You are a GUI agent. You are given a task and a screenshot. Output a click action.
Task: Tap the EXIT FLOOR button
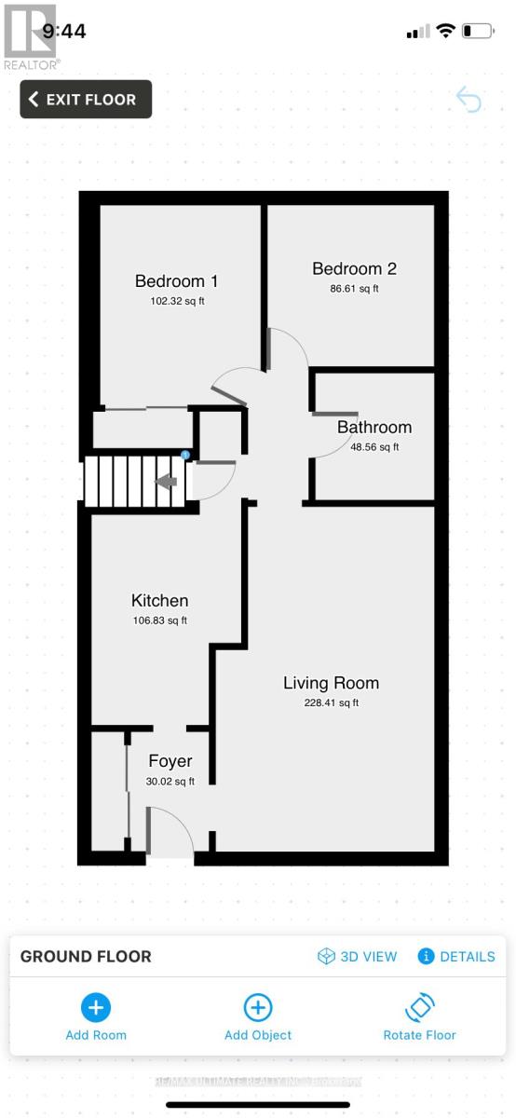(86, 100)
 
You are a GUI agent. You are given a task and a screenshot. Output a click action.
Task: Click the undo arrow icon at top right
(468, 100)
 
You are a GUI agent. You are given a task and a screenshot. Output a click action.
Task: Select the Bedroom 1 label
(176, 281)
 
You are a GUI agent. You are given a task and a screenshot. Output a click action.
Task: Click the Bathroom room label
(373, 428)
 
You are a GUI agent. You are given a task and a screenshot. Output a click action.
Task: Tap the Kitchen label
(159, 601)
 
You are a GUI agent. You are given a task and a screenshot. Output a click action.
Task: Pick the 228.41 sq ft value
(331, 703)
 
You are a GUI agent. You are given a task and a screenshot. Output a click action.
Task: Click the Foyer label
(170, 761)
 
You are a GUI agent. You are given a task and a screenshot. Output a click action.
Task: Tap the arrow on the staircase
(166, 482)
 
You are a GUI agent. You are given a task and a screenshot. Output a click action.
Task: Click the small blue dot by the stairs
(185, 455)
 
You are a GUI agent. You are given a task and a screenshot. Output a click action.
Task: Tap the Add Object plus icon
(258, 1007)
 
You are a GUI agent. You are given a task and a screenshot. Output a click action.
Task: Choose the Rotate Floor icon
(420, 1007)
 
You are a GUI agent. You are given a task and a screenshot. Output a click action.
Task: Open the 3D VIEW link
(358, 957)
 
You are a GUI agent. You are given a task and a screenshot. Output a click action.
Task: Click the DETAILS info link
(456, 957)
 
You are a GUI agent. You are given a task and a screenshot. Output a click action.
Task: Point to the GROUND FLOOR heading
(86, 957)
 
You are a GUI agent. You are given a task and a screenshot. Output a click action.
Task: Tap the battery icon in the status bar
(477, 32)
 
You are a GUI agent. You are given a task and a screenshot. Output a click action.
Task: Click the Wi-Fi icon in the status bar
(445, 32)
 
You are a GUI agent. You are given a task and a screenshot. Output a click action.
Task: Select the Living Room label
(331, 683)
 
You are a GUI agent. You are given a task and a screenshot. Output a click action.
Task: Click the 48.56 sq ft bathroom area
(373, 447)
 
